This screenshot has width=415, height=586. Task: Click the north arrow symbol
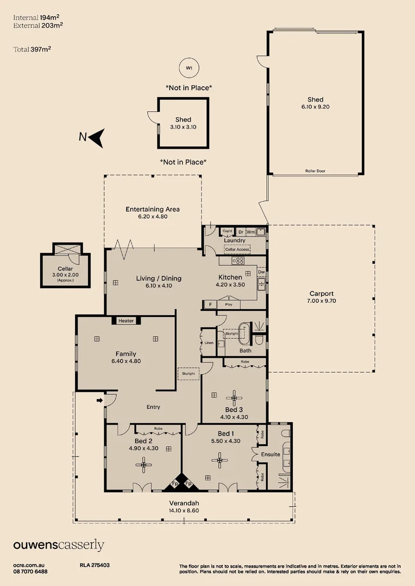pos(97,138)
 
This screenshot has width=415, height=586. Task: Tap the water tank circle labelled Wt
pos(189,68)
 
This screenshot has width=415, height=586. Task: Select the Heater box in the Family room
pos(126,321)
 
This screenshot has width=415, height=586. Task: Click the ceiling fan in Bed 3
pos(234,398)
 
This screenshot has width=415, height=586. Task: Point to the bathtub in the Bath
pos(243,333)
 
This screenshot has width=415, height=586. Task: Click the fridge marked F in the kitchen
pos(210,304)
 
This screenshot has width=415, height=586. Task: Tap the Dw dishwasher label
pos(261,272)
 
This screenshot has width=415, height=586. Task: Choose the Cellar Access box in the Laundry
pos(237,249)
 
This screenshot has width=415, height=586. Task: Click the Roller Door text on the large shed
pos(315,171)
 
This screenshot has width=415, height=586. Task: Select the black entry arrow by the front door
pos(99,400)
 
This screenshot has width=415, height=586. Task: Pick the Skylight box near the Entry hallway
pos(188,374)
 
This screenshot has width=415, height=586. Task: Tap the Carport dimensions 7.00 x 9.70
pos(322,301)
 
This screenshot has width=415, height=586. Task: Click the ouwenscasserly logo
pos(59,545)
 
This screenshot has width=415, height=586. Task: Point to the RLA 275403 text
pos(95,565)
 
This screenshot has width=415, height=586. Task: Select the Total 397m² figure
pos(32,49)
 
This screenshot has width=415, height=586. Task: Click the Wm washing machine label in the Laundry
pos(251,232)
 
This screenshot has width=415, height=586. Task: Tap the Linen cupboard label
pos(209,343)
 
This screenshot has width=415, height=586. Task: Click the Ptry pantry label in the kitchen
pos(229,304)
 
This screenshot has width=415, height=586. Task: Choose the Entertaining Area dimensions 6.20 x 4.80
pos(153,216)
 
